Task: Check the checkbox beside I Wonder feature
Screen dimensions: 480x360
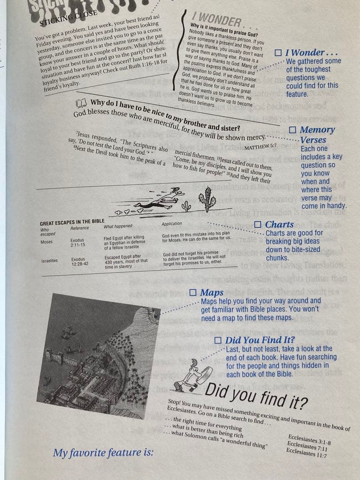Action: tap(278, 52)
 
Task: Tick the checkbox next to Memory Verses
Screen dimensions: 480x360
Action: tap(292, 130)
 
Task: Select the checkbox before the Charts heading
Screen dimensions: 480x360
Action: tap(257, 224)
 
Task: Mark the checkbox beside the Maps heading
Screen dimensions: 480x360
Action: tap(193, 292)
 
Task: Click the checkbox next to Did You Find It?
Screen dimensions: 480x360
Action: tap(218, 340)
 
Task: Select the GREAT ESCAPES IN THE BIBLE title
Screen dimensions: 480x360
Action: tap(72, 222)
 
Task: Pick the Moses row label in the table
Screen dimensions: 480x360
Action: tap(46, 242)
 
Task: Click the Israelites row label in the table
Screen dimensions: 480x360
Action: tap(49, 260)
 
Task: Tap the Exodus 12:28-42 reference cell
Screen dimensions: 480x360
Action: tap(80, 261)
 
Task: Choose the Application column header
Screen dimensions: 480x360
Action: tap(172, 224)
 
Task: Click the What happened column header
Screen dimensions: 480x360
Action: tap(118, 226)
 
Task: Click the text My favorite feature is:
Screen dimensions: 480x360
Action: tap(103, 453)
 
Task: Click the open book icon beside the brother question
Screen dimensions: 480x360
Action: tap(81, 104)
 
